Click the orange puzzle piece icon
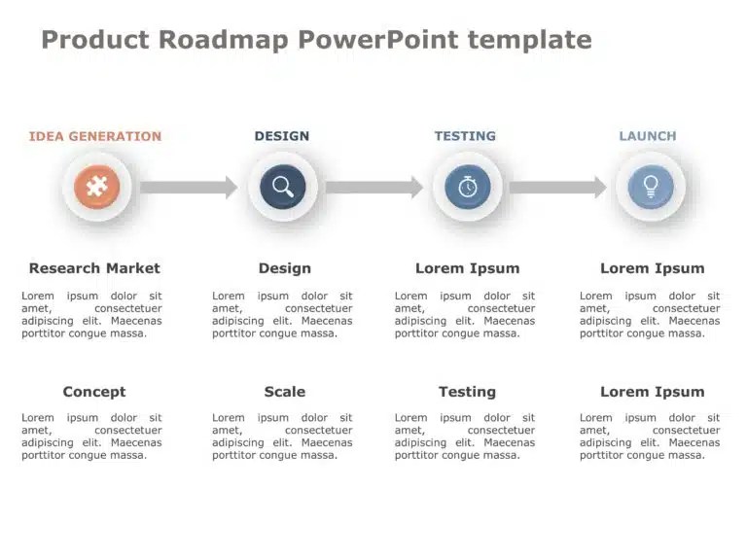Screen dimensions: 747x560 click(x=96, y=187)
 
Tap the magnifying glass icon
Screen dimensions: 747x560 click(x=283, y=187)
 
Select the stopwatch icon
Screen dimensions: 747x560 click(x=468, y=187)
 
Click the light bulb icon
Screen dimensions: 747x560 click(x=651, y=187)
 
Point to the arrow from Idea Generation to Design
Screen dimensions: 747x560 click(x=189, y=187)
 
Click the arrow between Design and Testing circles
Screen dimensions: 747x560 click(x=374, y=187)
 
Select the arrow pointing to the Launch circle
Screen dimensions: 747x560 click(x=558, y=187)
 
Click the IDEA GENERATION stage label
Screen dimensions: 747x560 click(x=95, y=136)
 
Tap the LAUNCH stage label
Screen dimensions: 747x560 click(x=648, y=136)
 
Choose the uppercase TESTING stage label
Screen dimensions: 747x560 click(x=465, y=136)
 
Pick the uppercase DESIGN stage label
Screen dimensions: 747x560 click(x=282, y=136)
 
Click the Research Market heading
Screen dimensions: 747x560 click(x=94, y=268)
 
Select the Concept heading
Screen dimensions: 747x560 click(x=94, y=392)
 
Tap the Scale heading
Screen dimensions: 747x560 click(x=285, y=392)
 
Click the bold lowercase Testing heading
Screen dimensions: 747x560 click(x=467, y=392)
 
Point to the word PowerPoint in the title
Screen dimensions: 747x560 click(x=378, y=40)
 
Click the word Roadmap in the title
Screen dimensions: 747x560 click(x=224, y=40)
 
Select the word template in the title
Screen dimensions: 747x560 click(x=530, y=40)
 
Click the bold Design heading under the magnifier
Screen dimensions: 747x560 click(x=285, y=268)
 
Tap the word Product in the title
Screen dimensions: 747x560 click(x=95, y=40)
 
